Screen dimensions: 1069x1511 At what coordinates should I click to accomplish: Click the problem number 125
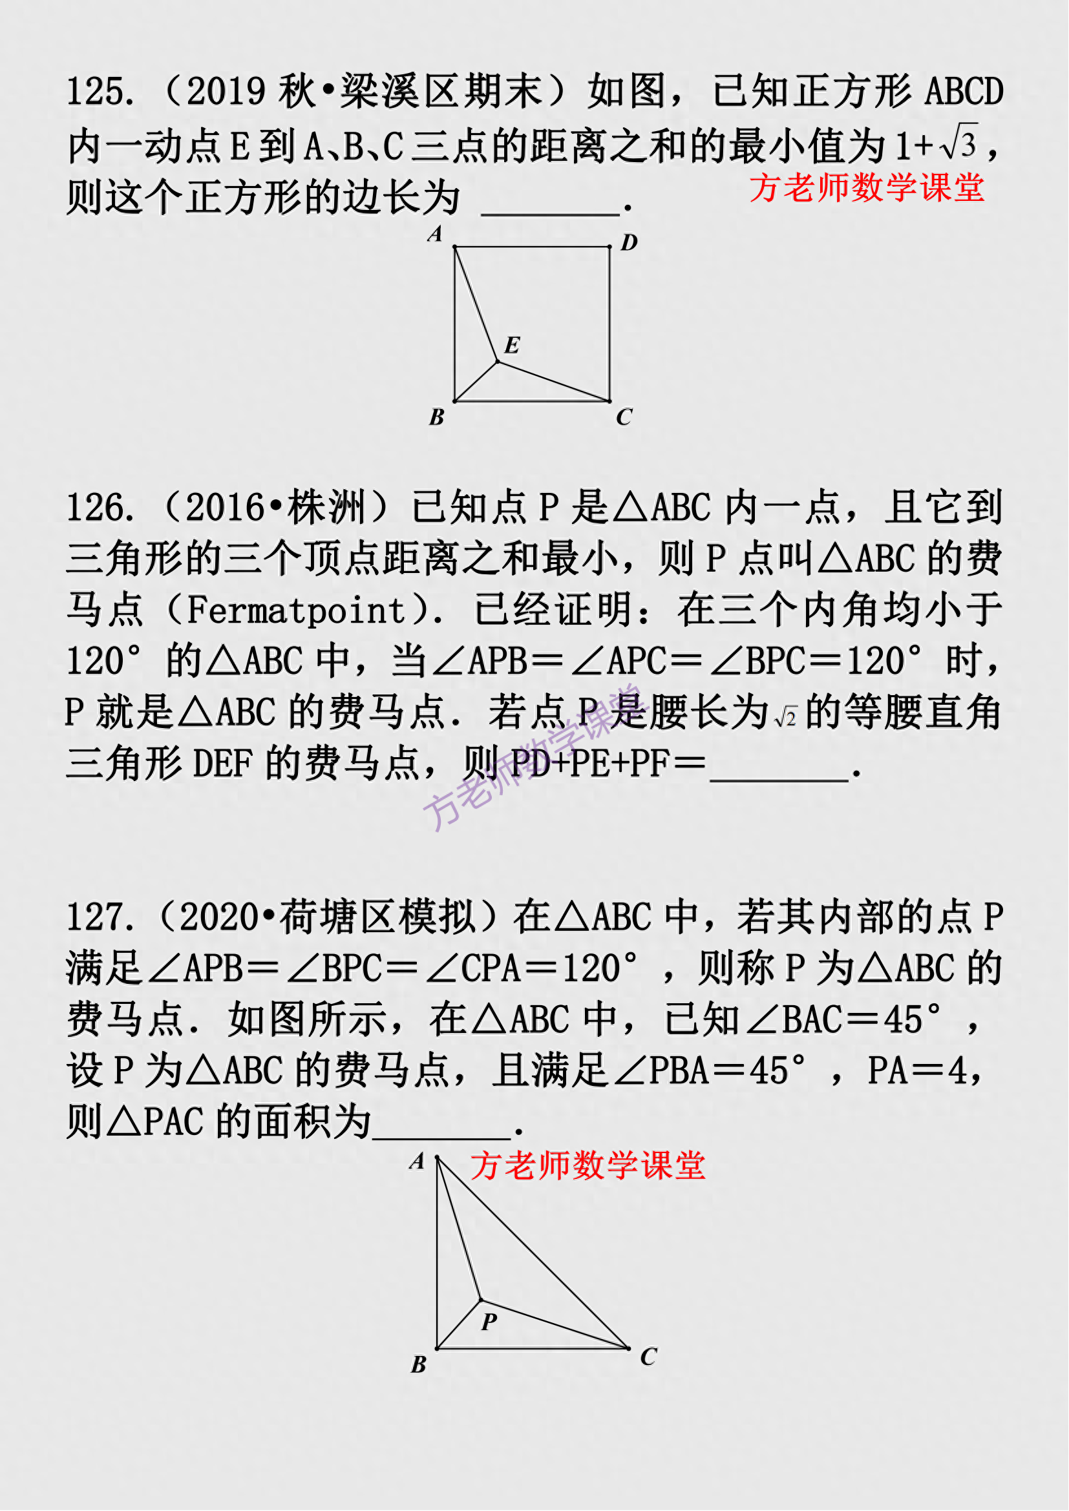pyautogui.click(x=101, y=91)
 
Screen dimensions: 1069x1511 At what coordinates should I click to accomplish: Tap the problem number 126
pyautogui.click(x=101, y=508)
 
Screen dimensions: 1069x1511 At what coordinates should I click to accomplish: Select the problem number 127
pyautogui.click(x=101, y=917)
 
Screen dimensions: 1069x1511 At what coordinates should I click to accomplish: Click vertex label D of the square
pyautogui.click(x=630, y=242)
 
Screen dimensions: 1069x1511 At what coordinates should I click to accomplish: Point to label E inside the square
pyautogui.click(x=512, y=345)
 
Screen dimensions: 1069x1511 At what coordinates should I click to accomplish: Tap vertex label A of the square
pyautogui.click(x=435, y=234)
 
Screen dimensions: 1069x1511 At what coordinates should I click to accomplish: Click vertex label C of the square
pyautogui.click(x=624, y=417)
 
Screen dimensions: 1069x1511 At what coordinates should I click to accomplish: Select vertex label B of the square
pyautogui.click(x=436, y=417)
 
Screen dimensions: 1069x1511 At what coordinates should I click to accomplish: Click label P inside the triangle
pyautogui.click(x=489, y=1322)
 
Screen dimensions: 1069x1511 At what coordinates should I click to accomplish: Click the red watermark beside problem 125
pyautogui.click(x=867, y=187)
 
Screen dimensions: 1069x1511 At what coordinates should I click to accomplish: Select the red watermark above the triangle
pyautogui.click(x=587, y=1166)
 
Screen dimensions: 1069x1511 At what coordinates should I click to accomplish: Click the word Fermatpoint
pyautogui.click(x=296, y=610)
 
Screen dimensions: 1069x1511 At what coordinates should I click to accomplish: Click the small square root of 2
pyautogui.click(x=786, y=716)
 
